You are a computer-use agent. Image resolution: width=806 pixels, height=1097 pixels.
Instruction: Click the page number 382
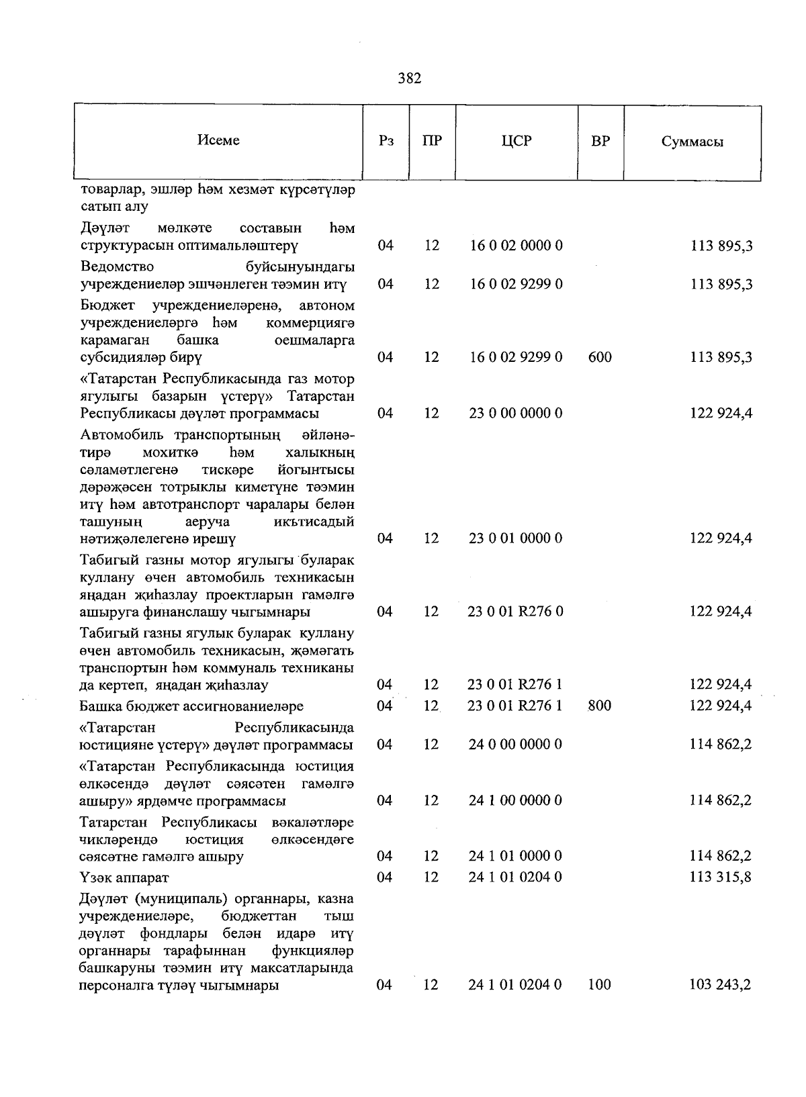(409, 79)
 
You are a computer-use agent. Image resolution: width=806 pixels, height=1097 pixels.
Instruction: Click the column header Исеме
(218, 140)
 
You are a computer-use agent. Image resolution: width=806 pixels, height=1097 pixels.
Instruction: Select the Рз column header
(386, 141)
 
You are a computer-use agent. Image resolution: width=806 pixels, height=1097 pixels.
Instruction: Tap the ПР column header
(432, 141)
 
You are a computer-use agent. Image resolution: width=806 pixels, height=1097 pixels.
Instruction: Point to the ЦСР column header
(516, 141)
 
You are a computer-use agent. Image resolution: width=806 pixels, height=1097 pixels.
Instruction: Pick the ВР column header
(600, 141)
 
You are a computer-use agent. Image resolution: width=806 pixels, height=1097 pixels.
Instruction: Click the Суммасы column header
(692, 142)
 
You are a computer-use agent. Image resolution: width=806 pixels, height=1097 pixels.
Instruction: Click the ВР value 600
(599, 357)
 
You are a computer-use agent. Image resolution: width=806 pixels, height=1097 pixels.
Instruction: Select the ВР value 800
(599, 706)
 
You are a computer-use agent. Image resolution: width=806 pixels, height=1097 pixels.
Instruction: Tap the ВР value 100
(599, 985)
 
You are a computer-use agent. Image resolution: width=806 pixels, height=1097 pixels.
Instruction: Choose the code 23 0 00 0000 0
(515, 413)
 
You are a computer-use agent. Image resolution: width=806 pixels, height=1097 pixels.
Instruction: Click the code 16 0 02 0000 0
(515, 246)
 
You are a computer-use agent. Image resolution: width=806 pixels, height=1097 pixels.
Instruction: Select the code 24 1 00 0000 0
(515, 800)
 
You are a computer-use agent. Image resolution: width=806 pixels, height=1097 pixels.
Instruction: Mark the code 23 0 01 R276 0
(515, 612)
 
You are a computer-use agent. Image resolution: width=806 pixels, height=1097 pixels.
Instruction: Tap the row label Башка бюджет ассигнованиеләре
(191, 706)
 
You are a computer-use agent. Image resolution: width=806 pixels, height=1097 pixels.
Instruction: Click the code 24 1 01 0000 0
(515, 856)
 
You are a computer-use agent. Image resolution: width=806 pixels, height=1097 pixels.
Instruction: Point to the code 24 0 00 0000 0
(515, 745)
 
